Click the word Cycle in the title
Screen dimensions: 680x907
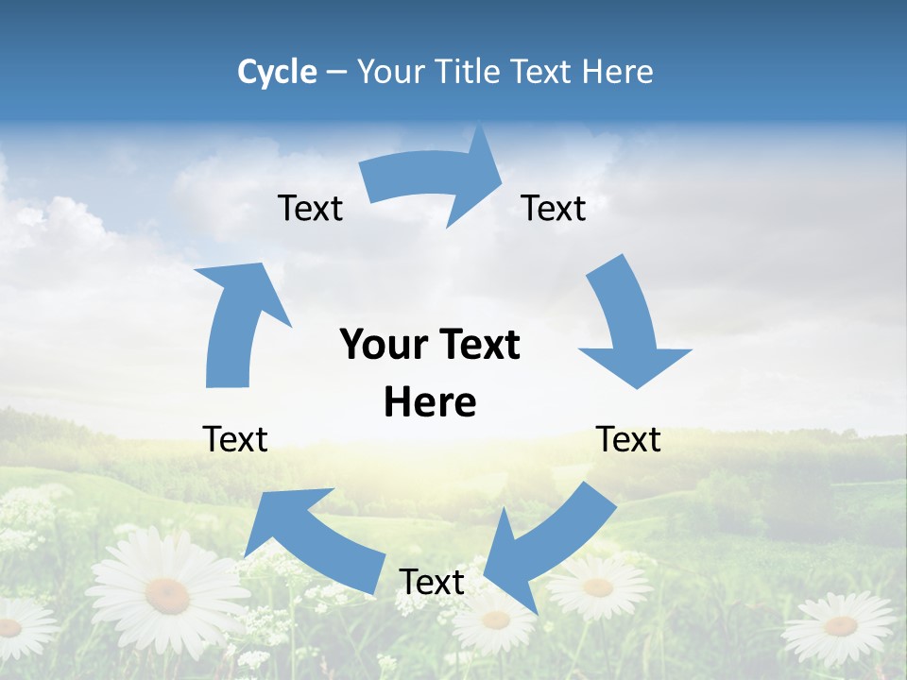click(277, 72)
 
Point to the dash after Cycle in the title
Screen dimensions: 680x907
click(336, 73)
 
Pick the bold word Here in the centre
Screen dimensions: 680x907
click(430, 402)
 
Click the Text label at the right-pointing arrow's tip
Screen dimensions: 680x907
click(554, 208)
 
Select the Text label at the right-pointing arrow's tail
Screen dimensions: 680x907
click(310, 208)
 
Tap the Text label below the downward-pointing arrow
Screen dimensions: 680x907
click(628, 439)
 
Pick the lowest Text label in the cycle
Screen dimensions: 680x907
click(432, 582)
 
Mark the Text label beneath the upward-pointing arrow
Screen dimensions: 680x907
click(235, 439)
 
